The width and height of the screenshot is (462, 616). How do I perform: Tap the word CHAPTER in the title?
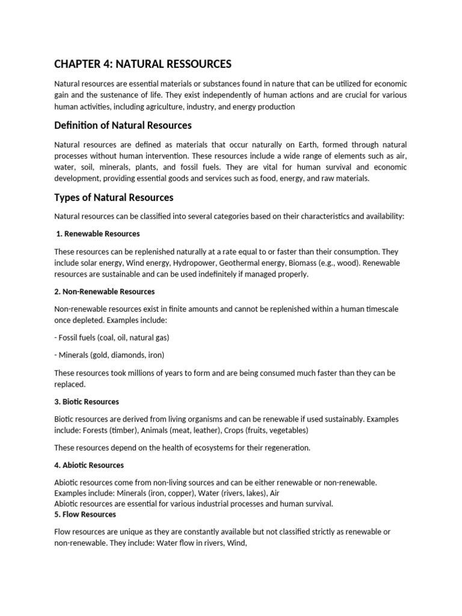(x=78, y=63)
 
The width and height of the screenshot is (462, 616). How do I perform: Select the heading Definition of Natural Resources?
(x=123, y=125)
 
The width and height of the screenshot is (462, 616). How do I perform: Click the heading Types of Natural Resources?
(x=114, y=197)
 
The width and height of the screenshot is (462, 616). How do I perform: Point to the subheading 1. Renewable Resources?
(x=98, y=233)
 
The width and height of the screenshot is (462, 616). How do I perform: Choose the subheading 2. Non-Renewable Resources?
(x=105, y=291)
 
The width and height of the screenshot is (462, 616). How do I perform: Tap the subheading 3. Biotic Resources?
(x=87, y=401)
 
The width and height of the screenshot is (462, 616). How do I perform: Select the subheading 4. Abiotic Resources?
(x=89, y=465)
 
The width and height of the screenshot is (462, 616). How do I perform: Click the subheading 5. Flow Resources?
(x=85, y=514)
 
